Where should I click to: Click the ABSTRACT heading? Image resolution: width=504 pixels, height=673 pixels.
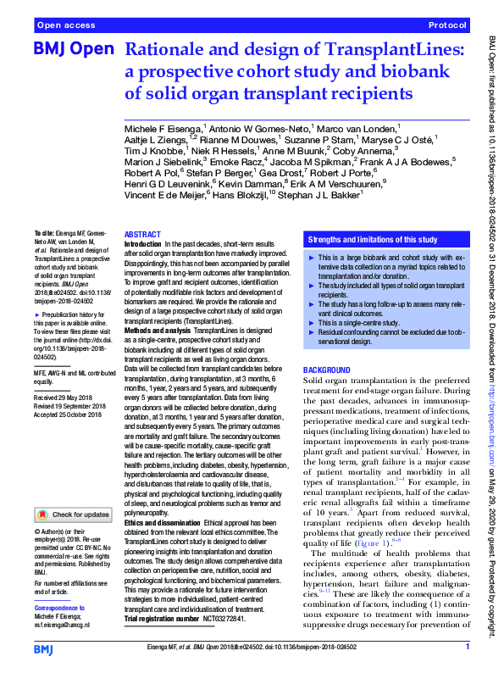(x=141, y=234)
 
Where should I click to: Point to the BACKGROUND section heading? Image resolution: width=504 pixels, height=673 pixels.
(x=327, y=370)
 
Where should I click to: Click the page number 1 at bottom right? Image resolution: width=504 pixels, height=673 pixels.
(x=467, y=647)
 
